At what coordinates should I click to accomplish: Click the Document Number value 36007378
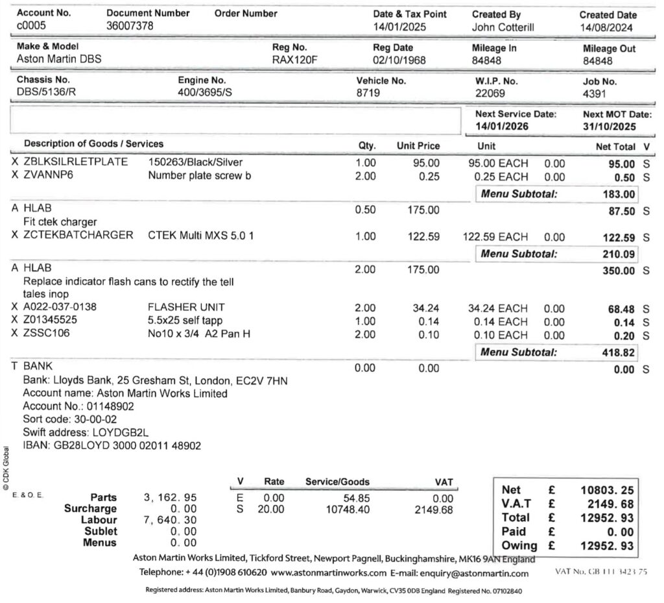[x=130, y=27]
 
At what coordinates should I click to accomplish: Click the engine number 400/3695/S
[x=205, y=93]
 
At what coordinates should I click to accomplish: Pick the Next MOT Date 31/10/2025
[x=609, y=127]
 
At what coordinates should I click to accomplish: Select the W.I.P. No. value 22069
[x=490, y=93]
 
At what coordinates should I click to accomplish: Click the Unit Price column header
[x=418, y=146]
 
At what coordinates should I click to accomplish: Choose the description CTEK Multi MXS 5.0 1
[x=201, y=236]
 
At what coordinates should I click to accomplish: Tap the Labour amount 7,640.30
[x=170, y=520]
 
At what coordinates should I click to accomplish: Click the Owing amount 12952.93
[x=607, y=546]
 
